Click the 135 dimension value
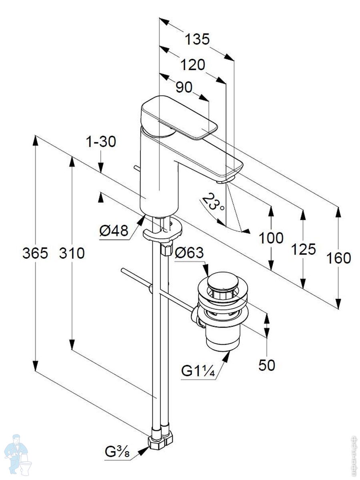(197, 40)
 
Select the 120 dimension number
(192, 64)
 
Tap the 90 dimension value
(184, 87)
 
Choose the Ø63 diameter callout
(189, 253)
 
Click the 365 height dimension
(35, 253)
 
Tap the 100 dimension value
(271, 238)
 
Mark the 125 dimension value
(303, 249)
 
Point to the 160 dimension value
(338, 258)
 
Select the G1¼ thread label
(198, 371)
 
